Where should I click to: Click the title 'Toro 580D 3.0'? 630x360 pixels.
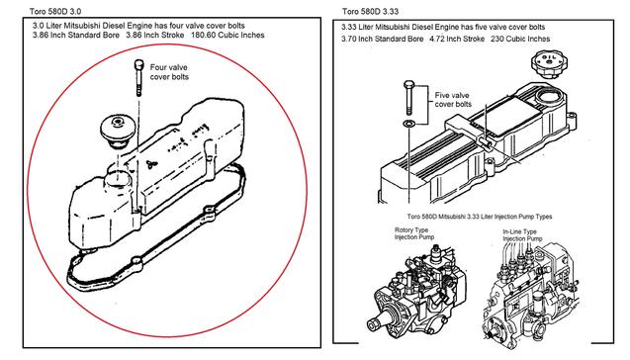[x=55, y=11]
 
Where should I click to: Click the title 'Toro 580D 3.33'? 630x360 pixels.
[x=370, y=11]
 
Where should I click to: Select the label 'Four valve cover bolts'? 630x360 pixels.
[x=169, y=72]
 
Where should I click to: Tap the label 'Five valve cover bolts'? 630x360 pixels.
[x=453, y=100]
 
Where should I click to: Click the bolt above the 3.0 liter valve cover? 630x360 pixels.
[x=138, y=77]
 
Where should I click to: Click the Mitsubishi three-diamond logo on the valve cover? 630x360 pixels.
[x=151, y=164]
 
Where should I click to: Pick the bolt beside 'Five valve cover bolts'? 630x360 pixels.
[x=408, y=98]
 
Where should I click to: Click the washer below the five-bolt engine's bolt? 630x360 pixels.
[x=408, y=123]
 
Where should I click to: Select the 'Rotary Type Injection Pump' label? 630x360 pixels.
[x=413, y=233]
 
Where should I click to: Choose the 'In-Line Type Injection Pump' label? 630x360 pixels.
[x=522, y=235]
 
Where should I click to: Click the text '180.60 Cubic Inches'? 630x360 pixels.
[x=227, y=35]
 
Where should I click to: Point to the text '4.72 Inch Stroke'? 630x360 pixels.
[x=457, y=39]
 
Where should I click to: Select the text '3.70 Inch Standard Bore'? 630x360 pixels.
[x=383, y=39]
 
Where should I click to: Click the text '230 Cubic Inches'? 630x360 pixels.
[x=520, y=39]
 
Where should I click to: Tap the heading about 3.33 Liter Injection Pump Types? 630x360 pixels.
[x=480, y=217]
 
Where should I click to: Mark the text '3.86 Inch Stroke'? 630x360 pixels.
[x=155, y=35]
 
